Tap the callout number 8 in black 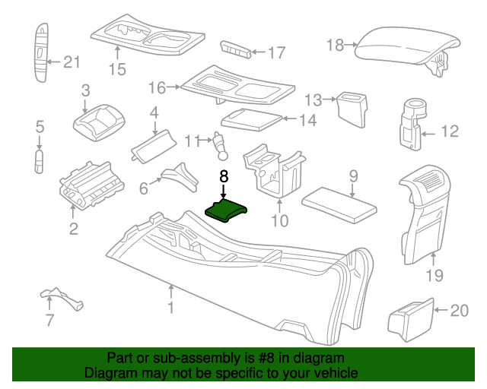click(x=223, y=176)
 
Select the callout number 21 click(x=71, y=62)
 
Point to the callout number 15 click(x=116, y=71)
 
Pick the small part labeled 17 click(x=234, y=51)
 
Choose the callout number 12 click(x=450, y=132)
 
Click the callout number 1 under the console click(x=171, y=308)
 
